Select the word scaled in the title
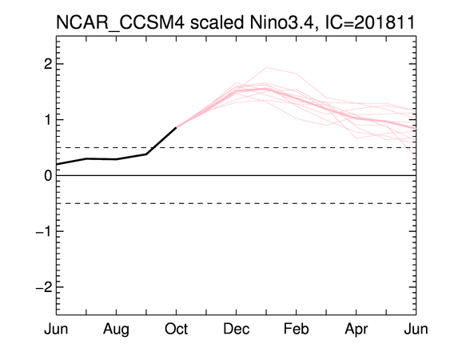[x=217, y=22]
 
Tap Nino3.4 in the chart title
[x=284, y=22]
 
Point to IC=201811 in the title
[x=370, y=22]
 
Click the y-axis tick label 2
[x=48, y=64]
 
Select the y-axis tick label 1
[x=49, y=120]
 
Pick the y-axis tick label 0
[x=48, y=175]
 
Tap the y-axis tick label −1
[x=44, y=231]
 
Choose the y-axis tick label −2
[x=44, y=287]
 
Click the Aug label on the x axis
[x=116, y=330]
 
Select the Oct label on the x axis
[x=176, y=329]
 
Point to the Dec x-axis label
[x=237, y=329]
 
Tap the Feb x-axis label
[x=297, y=329]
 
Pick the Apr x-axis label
[x=356, y=330]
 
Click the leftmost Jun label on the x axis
[x=56, y=329]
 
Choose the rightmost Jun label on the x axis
[x=416, y=329]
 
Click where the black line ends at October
[x=176, y=127]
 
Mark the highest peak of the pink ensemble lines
[x=266, y=67]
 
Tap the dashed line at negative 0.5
[x=237, y=203]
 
